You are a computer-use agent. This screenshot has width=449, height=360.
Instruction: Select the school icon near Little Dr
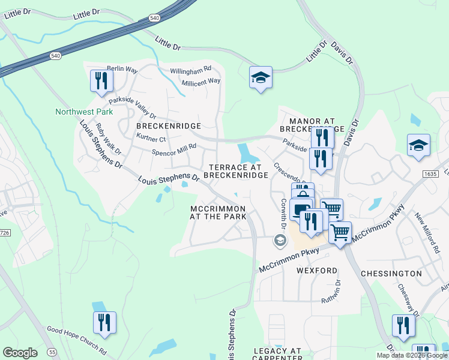coord(261,78)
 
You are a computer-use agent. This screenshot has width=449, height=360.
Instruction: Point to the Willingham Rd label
coord(190,70)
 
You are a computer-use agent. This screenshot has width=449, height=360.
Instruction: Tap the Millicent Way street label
coord(201,81)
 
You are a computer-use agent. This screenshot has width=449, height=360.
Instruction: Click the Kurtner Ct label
coord(151,139)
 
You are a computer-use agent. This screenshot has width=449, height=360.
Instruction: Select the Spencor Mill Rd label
coord(173,153)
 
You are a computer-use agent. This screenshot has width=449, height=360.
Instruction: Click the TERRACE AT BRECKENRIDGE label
coord(235,171)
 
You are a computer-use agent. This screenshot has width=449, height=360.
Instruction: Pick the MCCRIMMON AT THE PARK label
coord(218,212)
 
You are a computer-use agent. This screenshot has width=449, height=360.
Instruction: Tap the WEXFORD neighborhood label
coord(317,271)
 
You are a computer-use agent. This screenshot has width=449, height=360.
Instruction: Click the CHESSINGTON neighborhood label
coord(391,274)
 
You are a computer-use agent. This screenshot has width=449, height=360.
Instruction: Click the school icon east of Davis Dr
coord(418,146)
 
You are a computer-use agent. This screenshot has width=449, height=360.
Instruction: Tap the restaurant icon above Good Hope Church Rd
coord(104,323)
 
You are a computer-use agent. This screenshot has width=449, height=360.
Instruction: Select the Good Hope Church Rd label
coord(77,340)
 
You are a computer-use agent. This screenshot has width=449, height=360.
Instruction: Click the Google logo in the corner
coord(20,353)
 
